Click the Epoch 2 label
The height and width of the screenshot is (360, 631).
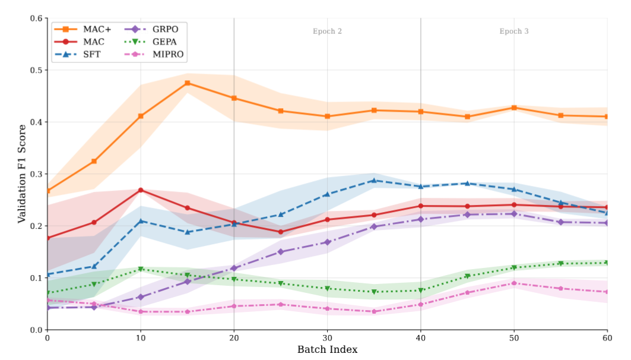[x=327, y=31]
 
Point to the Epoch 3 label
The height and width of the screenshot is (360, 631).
[x=514, y=31]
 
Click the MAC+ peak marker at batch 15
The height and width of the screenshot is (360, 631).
[x=188, y=83]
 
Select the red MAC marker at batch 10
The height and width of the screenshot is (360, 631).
[x=141, y=190]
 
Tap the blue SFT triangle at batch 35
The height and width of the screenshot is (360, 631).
[x=374, y=180]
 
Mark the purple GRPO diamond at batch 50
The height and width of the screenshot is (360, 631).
[x=514, y=214]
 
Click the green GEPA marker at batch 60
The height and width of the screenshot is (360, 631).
[x=607, y=263]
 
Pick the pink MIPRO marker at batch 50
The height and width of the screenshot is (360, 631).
[x=514, y=283]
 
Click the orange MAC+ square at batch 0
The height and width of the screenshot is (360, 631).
[x=47, y=191]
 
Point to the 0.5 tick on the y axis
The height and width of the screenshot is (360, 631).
[x=37, y=70]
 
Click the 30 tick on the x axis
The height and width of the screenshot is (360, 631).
[x=327, y=337]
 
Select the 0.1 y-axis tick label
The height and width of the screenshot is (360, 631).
[x=37, y=278]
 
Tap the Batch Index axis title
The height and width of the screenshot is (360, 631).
[x=327, y=350]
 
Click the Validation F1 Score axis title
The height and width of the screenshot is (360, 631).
[x=21, y=173]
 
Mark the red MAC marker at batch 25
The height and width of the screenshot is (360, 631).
[x=281, y=232]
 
